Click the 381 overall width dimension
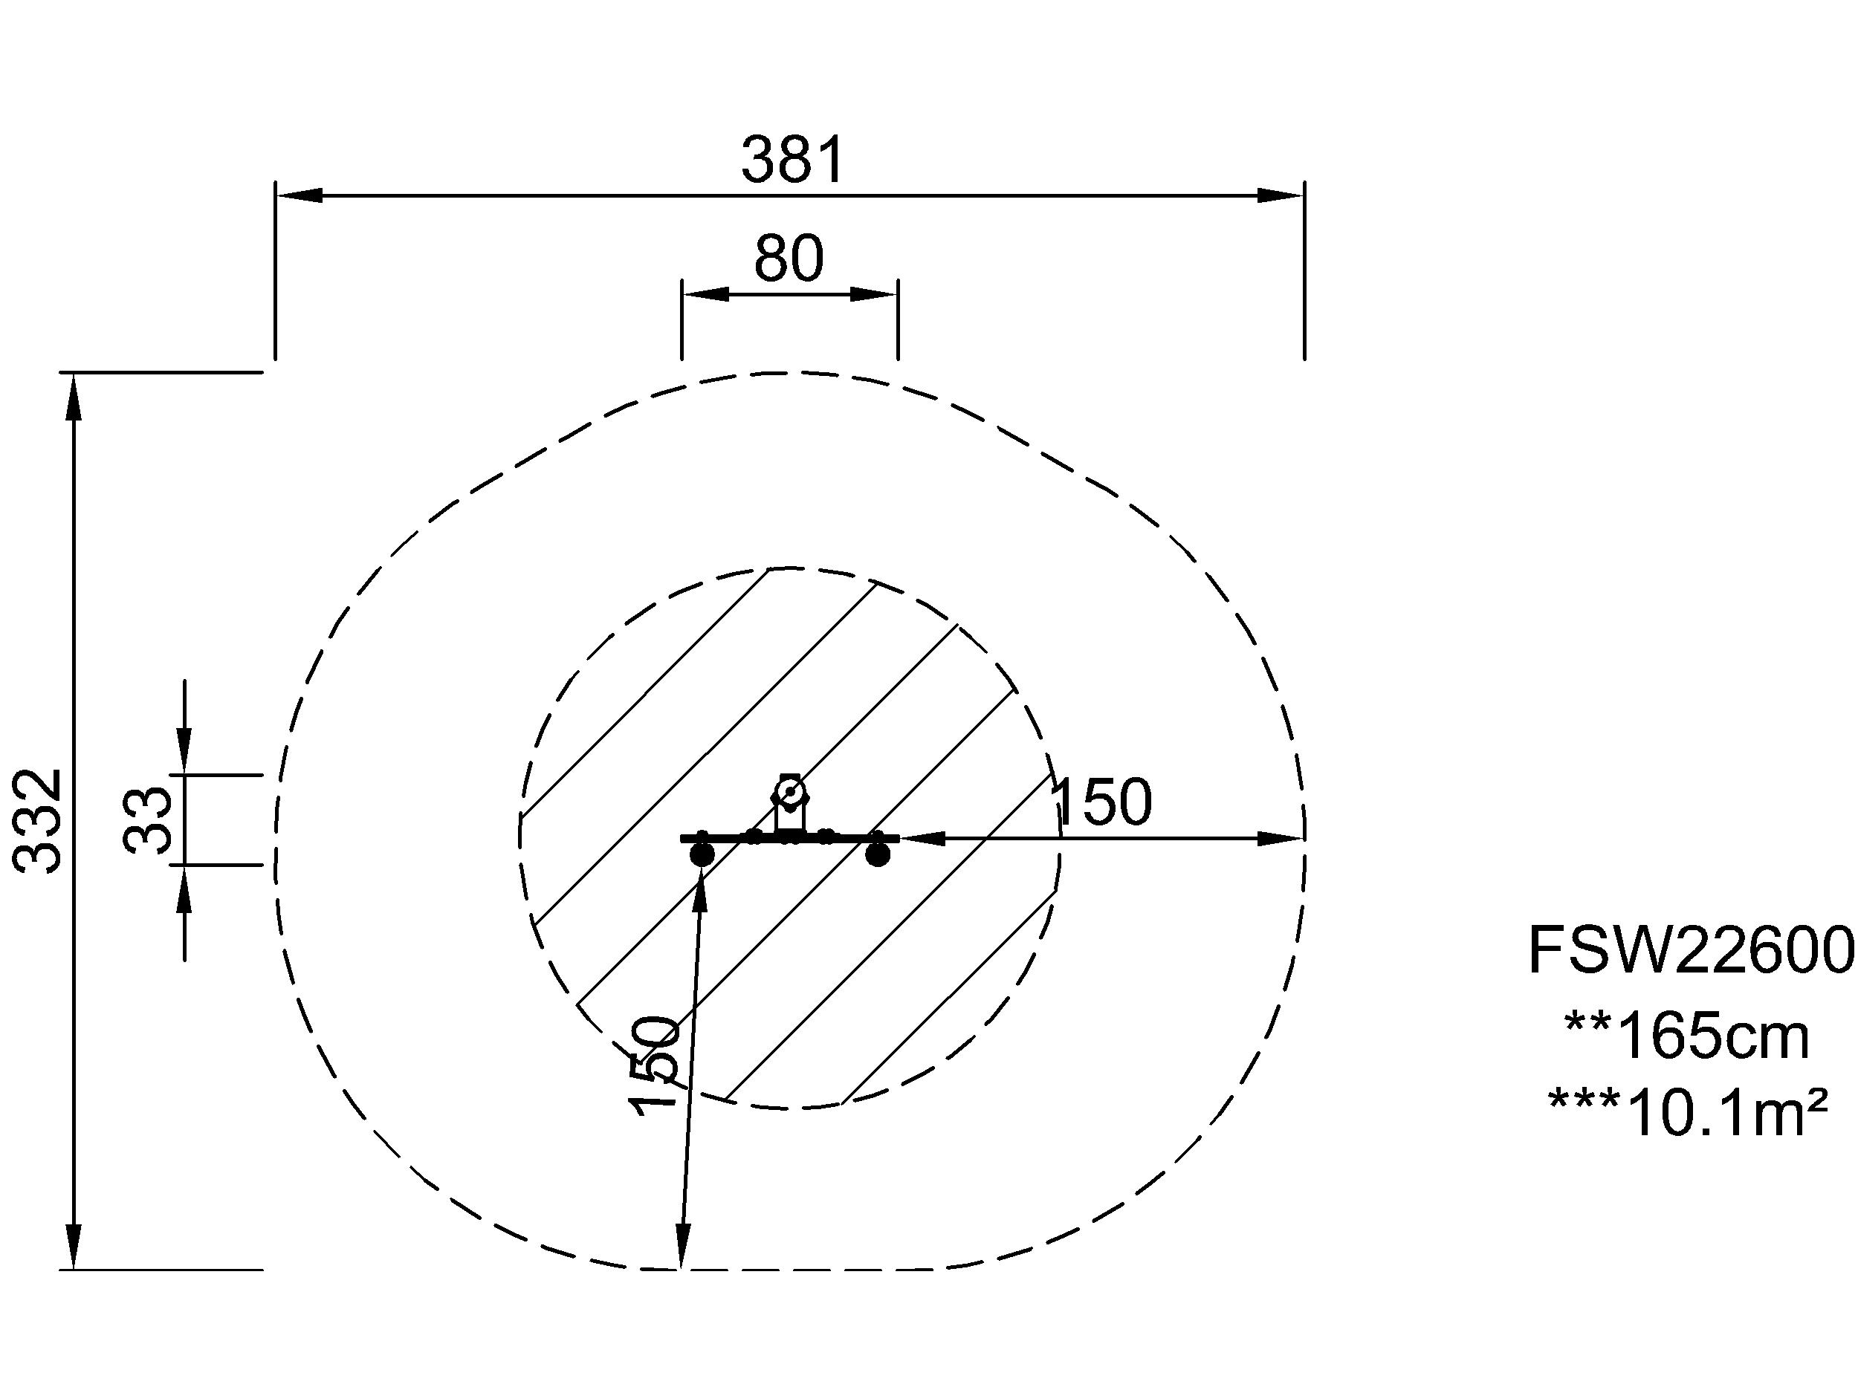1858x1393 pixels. pyautogui.click(x=792, y=160)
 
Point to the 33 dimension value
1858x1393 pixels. pyautogui.click(x=148, y=820)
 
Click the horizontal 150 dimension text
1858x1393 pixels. pyautogui.click(x=1101, y=802)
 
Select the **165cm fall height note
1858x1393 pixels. pyautogui.click(x=1686, y=1036)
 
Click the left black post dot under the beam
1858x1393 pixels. pyautogui.click(x=702, y=856)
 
